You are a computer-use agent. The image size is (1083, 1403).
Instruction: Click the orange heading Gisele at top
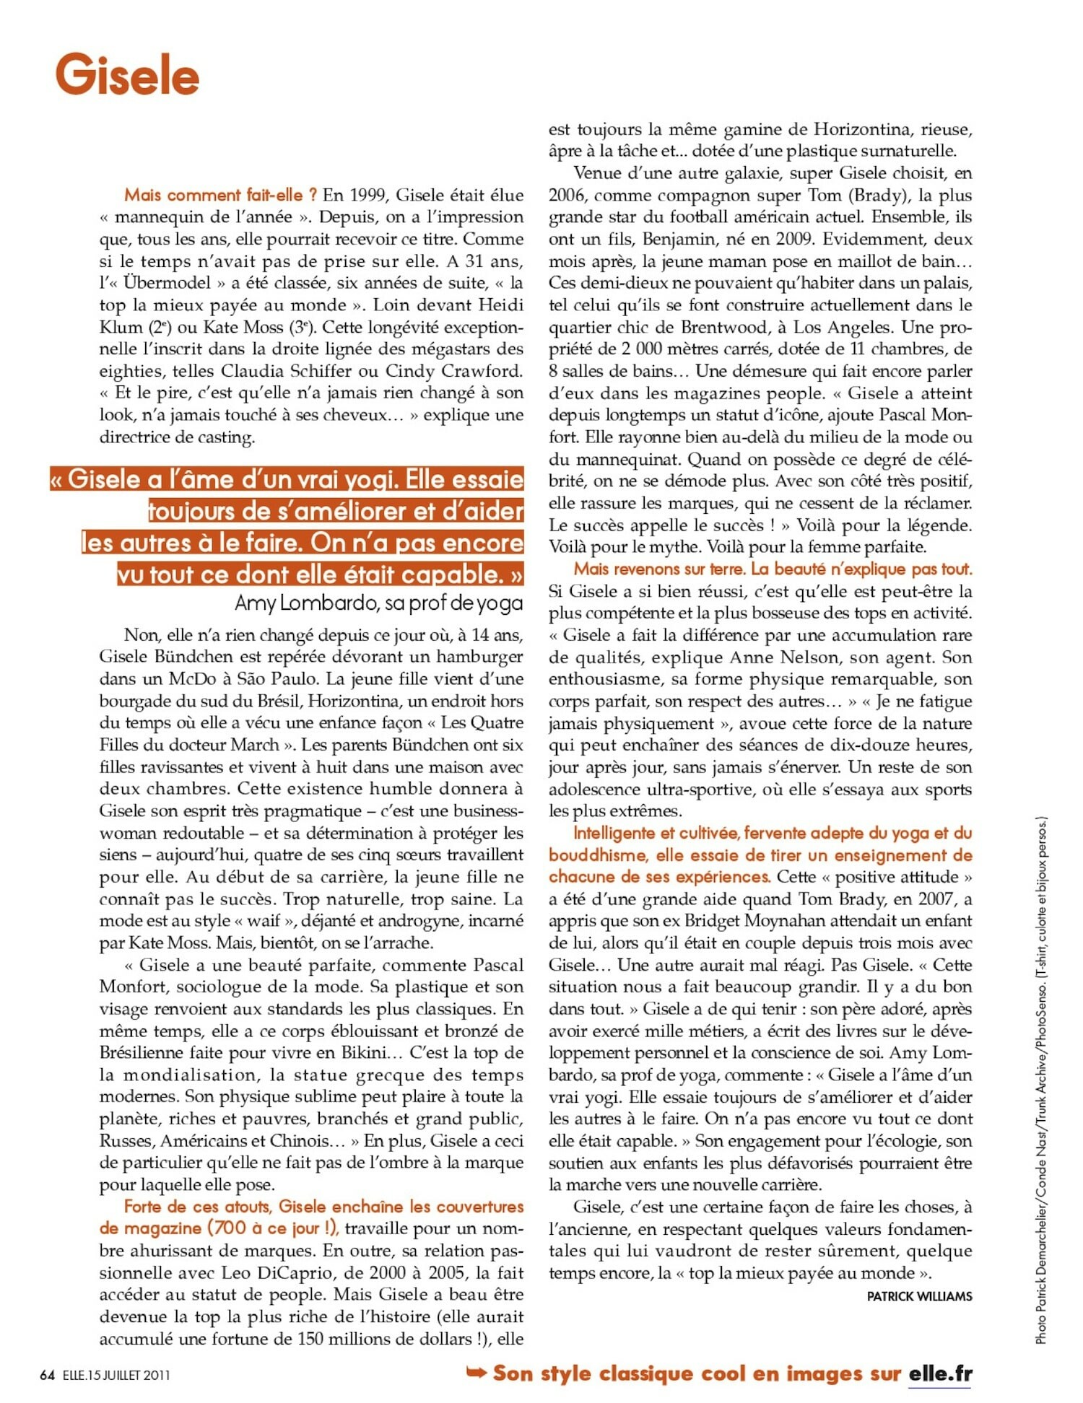point(127,75)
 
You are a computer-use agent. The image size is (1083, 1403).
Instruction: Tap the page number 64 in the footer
point(47,1374)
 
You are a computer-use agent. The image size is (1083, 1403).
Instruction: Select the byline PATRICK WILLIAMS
point(919,1296)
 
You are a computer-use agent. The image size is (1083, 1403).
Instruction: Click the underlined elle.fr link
point(940,1373)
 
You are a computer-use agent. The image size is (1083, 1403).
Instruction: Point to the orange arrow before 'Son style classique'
point(477,1372)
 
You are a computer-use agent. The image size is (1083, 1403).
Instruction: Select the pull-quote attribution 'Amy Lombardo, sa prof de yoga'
point(378,603)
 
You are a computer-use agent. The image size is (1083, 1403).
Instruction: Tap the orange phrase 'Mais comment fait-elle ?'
point(221,195)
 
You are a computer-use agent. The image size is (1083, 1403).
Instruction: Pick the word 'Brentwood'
point(730,327)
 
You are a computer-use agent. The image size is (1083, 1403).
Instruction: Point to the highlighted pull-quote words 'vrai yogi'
point(338,479)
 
